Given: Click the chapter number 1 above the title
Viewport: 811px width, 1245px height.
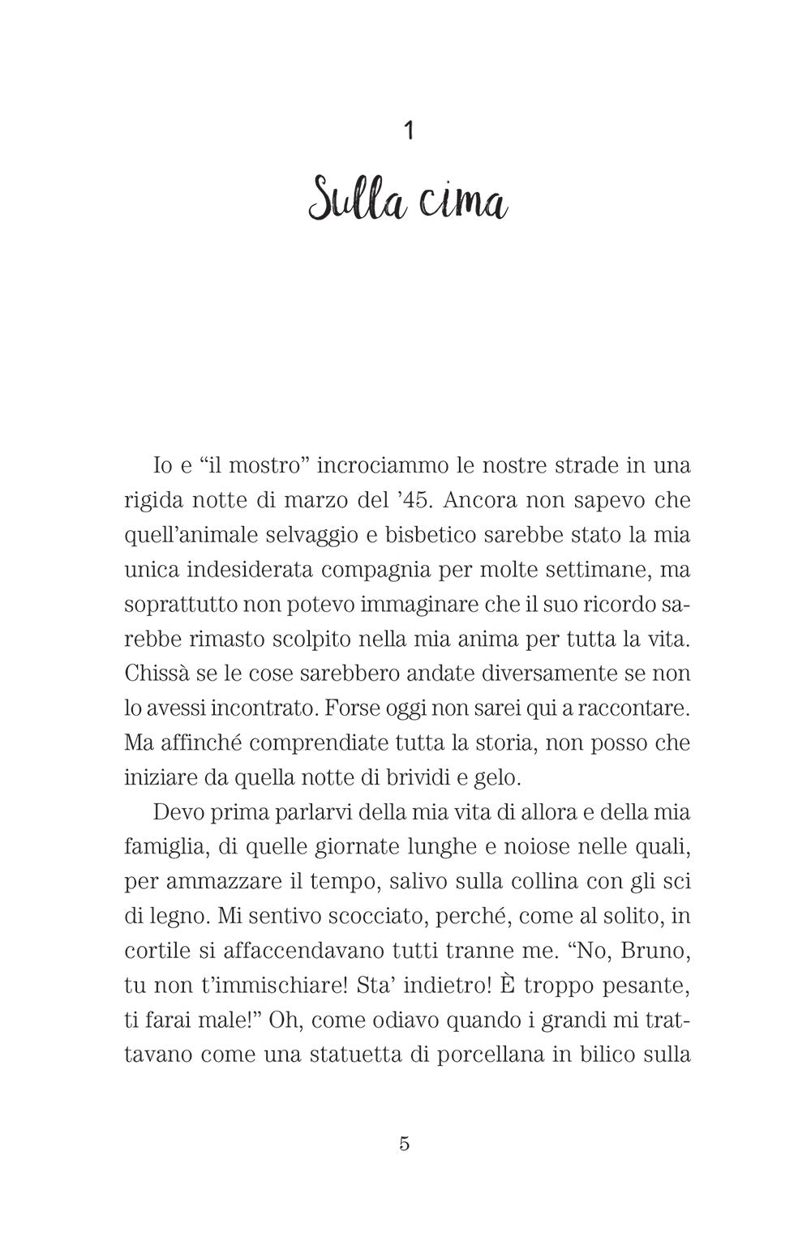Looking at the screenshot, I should click(x=408, y=130).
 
